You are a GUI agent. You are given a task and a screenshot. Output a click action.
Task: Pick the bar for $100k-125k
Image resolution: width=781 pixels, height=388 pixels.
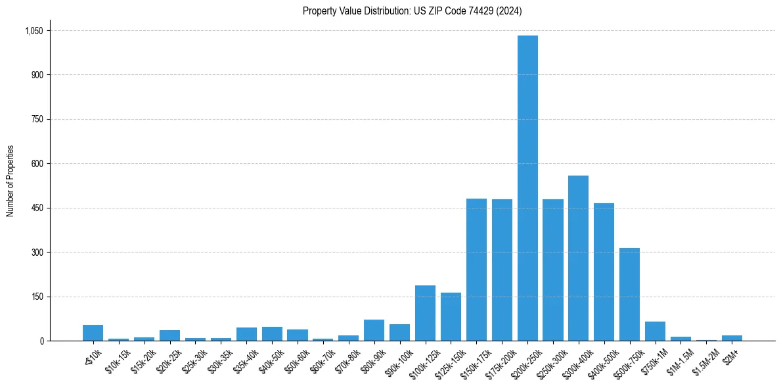tap(425, 313)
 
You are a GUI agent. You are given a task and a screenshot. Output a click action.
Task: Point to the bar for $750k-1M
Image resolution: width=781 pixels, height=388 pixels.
tap(655, 331)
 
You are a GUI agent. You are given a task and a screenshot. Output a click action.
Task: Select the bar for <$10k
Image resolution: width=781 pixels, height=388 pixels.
tap(93, 333)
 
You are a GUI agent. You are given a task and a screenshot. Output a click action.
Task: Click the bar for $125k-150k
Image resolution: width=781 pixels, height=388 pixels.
tap(451, 316)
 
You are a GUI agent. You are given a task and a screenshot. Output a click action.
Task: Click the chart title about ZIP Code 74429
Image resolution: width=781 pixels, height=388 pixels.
tap(412, 11)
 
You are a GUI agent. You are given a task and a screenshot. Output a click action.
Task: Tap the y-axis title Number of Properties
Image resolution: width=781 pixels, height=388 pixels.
tap(10, 181)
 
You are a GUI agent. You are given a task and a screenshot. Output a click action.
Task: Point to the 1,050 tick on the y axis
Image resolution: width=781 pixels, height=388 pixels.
tap(33, 31)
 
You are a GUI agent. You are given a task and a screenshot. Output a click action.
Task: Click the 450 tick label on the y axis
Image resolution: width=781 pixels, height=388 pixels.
tap(37, 208)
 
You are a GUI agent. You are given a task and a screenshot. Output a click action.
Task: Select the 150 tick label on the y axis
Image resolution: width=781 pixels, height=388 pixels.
tap(37, 297)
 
